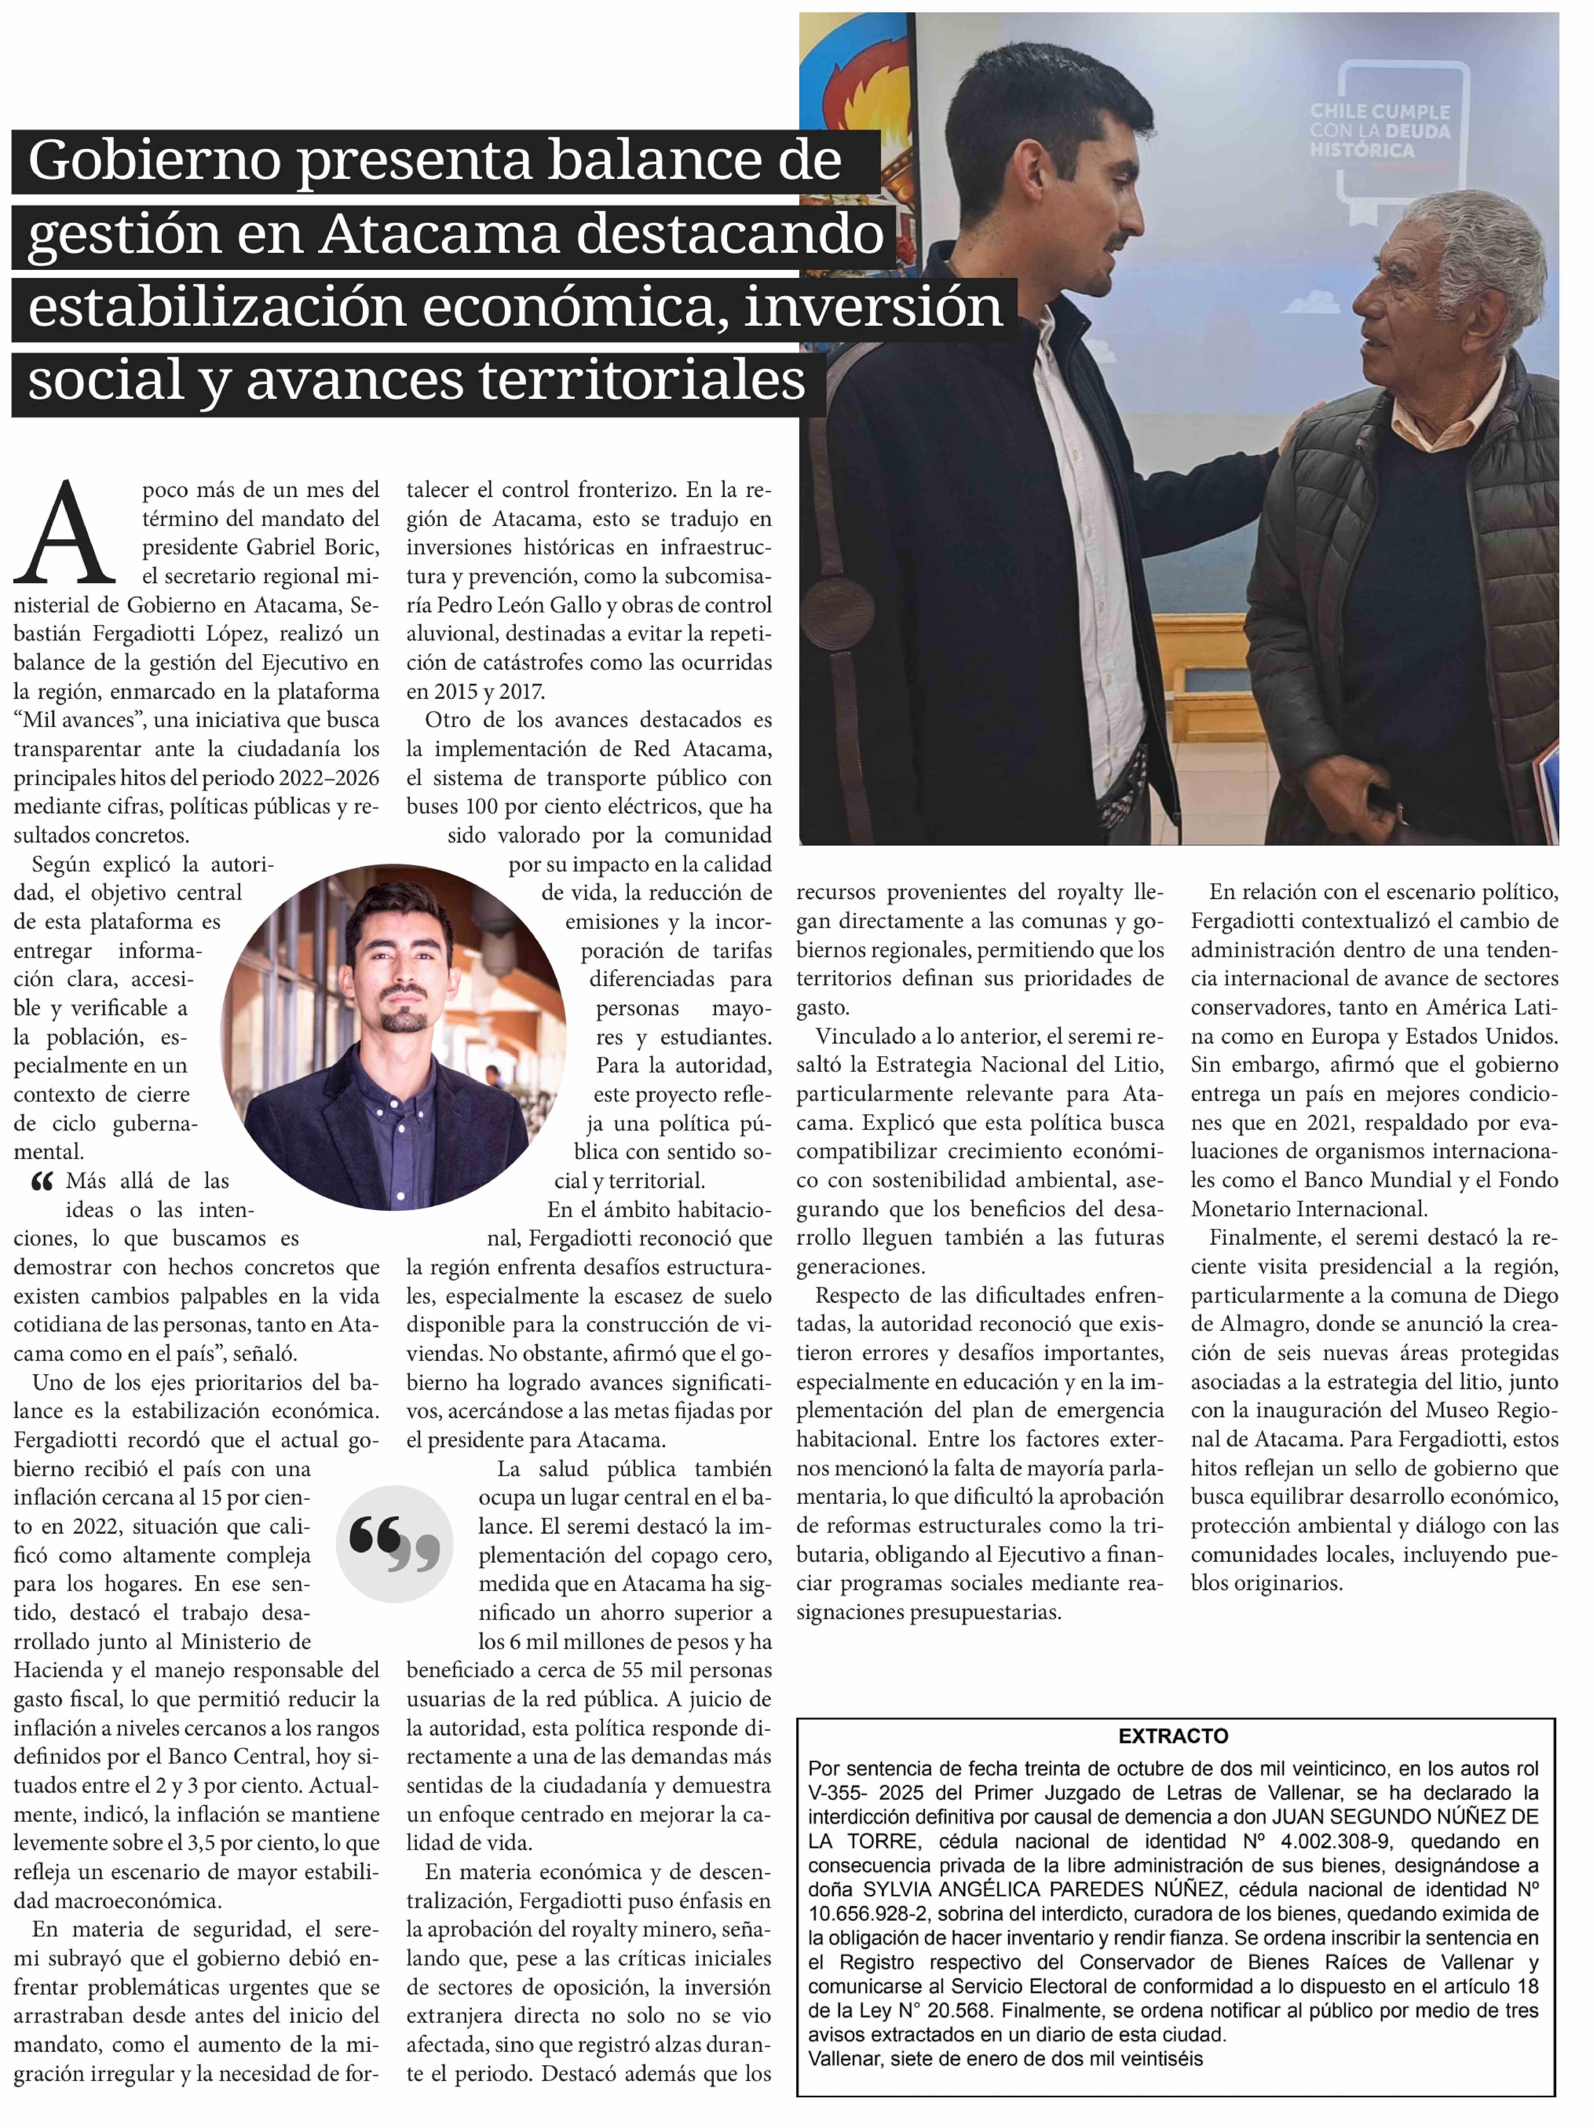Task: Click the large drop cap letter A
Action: point(65,534)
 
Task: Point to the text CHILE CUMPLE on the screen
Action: point(1378,112)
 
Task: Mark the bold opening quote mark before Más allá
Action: point(42,1181)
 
